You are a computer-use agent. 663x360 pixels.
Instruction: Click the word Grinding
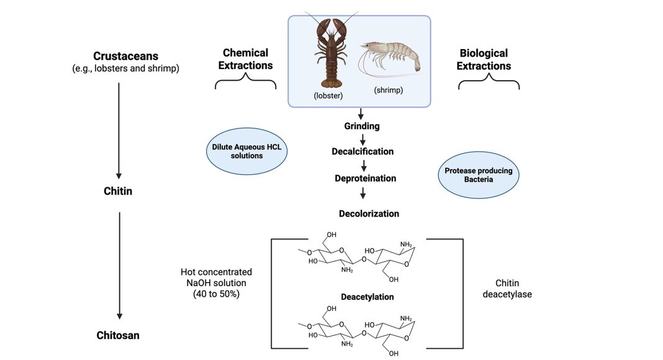(362, 127)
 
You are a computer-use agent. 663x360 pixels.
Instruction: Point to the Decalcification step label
(362, 151)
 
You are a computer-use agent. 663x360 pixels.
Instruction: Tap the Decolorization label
(369, 214)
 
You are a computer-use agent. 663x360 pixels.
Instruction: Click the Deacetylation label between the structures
(367, 297)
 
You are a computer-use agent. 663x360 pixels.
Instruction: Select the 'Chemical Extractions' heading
(246, 59)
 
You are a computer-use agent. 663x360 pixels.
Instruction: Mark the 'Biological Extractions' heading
(484, 59)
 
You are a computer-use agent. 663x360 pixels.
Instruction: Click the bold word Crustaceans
(125, 56)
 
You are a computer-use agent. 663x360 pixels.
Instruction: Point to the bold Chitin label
(118, 191)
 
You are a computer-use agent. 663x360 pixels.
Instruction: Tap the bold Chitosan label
(118, 336)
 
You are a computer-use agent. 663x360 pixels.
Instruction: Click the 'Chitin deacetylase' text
(507, 288)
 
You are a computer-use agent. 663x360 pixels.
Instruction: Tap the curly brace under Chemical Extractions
(246, 81)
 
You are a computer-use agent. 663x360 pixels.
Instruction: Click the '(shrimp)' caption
(388, 91)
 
